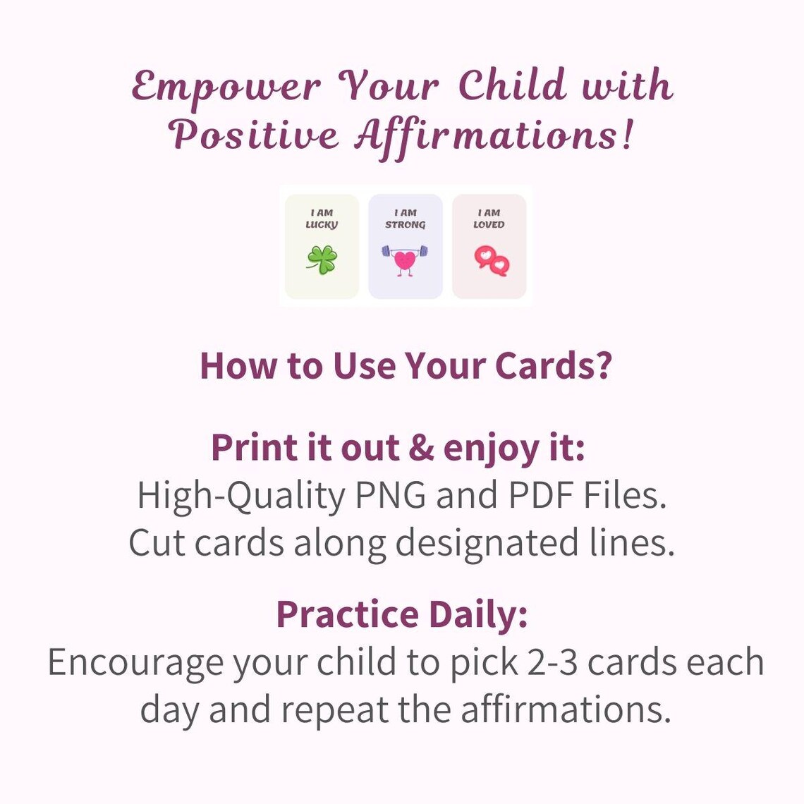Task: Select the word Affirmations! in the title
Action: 494,134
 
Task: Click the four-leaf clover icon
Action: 322,260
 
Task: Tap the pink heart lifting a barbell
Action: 405,259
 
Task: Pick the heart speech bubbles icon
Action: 491,261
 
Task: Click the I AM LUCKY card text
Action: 322,219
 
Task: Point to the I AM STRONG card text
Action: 405,219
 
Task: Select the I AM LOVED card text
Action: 489,219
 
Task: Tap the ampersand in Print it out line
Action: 421,448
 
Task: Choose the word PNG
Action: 390,495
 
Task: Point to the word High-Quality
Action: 240,497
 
